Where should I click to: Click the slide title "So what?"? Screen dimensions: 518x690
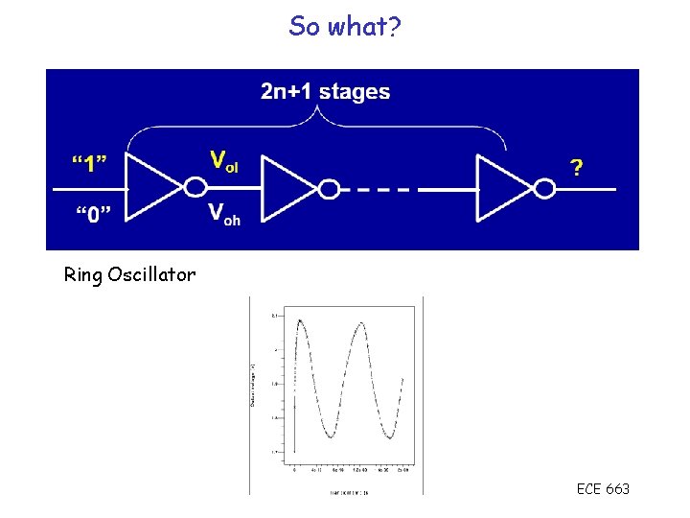pyautogui.click(x=345, y=27)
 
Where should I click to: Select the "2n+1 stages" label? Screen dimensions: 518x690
pyautogui.click(x=325, y=93)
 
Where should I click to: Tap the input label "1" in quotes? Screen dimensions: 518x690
pyautogui.click(x=88, y=163)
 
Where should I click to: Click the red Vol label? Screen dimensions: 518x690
pyautogui.click(x=224, y=160)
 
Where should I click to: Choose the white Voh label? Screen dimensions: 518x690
pyautogui.click(x=224, y=213)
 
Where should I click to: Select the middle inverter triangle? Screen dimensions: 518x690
pyautogui.click(x=287, y=189)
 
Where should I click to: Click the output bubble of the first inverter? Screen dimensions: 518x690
pyautogui.click(x=195, y=188)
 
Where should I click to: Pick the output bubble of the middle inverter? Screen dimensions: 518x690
pyautogui.click(x=330, y=189)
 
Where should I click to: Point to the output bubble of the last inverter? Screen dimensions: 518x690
pyautogui.click(x=545, y=189)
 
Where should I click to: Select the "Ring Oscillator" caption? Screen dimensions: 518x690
pyautogui.click(x=129, y=275)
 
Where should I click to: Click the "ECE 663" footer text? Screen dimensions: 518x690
pyautogui.click(x=603, y=489)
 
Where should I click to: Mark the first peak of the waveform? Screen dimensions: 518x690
pyautogui.click(x=301, y=320)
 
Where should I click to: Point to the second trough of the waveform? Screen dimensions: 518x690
pyautogui.click(x=390, y=438)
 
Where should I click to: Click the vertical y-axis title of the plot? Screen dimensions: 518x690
pyautogui.click(x=253, y=384)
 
